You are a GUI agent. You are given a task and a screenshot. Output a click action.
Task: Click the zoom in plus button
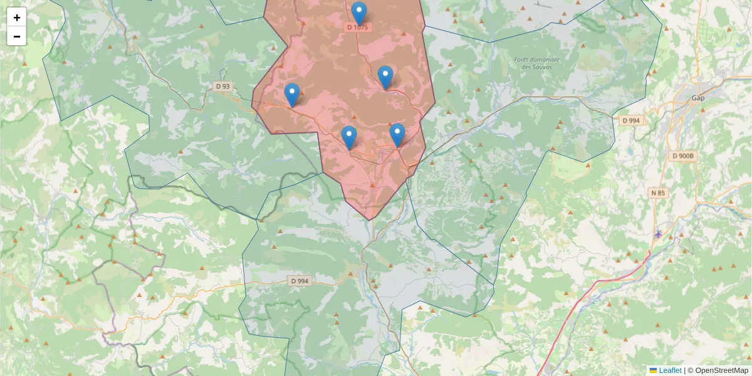tap(17, 18)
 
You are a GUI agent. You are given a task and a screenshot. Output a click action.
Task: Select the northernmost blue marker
tap(359, 13)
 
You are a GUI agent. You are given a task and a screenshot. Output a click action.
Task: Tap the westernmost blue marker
tap(292, 95)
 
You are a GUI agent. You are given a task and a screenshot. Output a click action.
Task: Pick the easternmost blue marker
tap(397, 135)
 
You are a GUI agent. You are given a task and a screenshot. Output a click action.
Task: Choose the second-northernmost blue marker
tap(385, 77)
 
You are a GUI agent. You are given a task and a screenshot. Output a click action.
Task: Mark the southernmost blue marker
tap(349, 137)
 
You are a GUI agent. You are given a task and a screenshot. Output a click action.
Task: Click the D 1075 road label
tap(358, 28)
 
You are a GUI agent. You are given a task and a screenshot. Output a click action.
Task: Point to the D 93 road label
tap(222, 86)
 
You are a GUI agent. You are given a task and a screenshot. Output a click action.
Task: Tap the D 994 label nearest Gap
tap(631, 120)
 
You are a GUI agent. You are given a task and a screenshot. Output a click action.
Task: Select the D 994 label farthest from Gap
tap(300, 281)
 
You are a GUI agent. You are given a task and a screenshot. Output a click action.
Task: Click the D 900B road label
tap(684, 156)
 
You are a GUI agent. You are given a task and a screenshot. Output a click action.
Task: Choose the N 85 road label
tap(658, 193)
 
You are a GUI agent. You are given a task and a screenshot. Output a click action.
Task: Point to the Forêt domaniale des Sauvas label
tap(536, 63)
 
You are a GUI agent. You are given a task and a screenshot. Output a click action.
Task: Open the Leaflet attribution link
tap(670, 370)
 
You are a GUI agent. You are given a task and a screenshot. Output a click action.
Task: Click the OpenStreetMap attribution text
tap(721, 370)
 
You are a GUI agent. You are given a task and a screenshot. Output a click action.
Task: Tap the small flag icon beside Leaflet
tap(653, 370)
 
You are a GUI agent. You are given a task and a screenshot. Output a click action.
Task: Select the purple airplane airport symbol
tap(658, 234)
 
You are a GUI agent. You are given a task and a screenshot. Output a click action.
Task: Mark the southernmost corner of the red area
tap(371, 220)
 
